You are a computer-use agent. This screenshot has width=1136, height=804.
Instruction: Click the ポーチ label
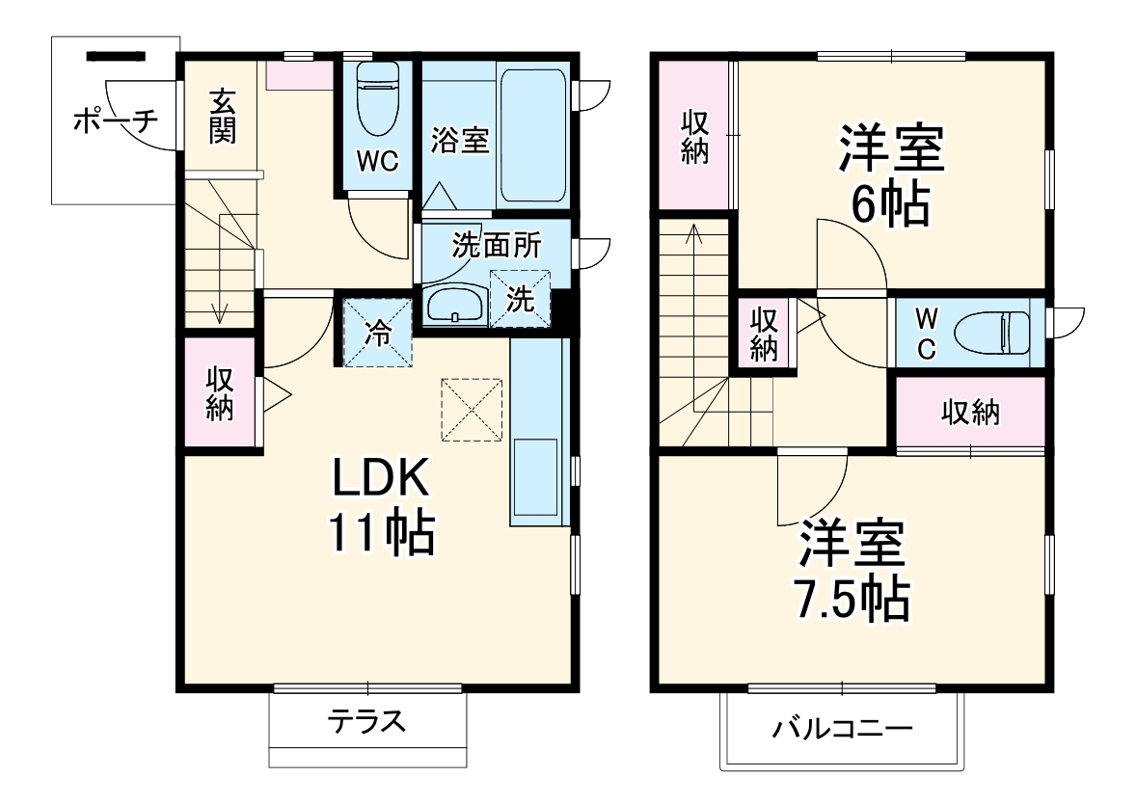pyautogui.click(x=114, y=121)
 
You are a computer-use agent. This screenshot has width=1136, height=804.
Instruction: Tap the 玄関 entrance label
pyautogui.click(x=222, y=115)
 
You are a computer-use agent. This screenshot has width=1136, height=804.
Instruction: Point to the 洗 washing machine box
pyautogui.click(x=520, y=300)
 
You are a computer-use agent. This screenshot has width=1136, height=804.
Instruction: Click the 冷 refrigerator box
pyautogui.click(x=378, y=334)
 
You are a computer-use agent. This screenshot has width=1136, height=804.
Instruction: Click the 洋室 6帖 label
pyautogui.click(x=890, y=177)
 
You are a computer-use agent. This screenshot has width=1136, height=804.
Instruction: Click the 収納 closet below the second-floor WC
pyautogui.click(x=970, y=413)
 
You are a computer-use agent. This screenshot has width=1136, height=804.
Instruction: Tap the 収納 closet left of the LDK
pyautogui.click(x=220, y=393)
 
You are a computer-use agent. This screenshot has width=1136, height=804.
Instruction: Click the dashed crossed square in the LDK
pyautogui.click(x=473, y=410)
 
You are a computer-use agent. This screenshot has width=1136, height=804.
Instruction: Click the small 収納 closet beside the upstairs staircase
pyautogui.click(x=764, y=334)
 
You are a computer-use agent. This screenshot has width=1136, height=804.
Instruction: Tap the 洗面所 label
pyautogui.click(x=497, y=247)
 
